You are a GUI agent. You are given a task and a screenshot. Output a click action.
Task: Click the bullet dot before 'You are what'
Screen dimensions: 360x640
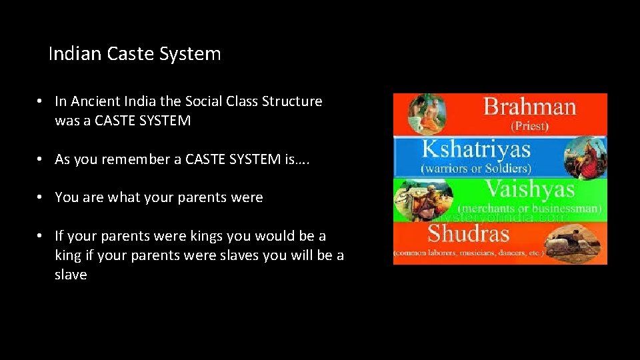click(x=41, y=197)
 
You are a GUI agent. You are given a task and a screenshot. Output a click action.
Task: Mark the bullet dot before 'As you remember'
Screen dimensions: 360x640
click(x=41, y=159)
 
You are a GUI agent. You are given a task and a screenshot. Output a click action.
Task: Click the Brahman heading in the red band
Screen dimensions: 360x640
click(x=529, y=107)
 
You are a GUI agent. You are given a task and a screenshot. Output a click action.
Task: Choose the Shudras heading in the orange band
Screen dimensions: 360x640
click(x=468, y=234)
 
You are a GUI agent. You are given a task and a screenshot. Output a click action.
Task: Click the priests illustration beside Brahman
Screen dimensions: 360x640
click(x=426, y=114)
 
